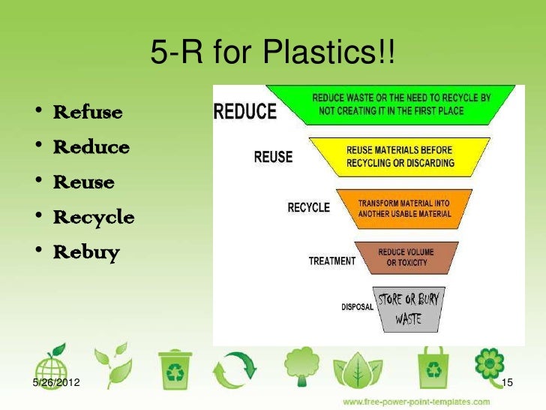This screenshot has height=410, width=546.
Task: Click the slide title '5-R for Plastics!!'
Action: pyautogui.click(x=272, y=53)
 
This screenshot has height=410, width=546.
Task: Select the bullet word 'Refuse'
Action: pyautogui.click(x=87, y=113)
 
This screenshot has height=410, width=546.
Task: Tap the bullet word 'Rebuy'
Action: pyautogui.click(x=86, y=252)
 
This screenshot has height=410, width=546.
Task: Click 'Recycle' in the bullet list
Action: pyautogui.click(x=94, y=218)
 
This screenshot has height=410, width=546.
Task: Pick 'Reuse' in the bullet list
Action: pyautogui.click(x=83, y=182)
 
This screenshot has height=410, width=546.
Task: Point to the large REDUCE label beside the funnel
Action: pyautogui.click(x=245, y=112)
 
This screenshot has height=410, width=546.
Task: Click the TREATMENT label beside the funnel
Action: pyautogui.click(x=331, y=261)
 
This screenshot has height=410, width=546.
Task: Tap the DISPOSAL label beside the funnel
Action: pyautogui.click(x=357, y=306)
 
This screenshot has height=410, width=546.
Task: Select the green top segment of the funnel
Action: pyautogui.click(x=402, y=104)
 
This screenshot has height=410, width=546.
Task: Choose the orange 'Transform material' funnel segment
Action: pyautogui.click(x=404, y=208)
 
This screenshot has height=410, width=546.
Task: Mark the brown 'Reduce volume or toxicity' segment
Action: pyautogui.click(x=405, y=256)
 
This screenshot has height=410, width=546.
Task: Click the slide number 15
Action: pyautogui.click(x=507, y=384)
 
